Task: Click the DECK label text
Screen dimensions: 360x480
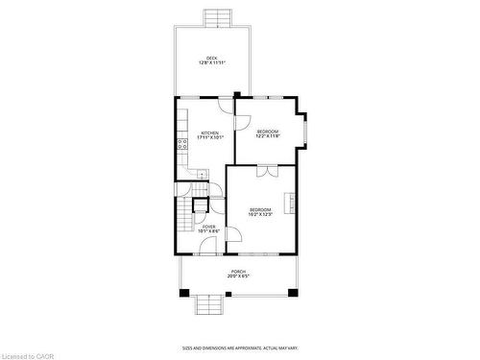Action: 211,58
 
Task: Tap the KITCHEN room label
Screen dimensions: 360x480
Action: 209,132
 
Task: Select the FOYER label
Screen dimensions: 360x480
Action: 209,227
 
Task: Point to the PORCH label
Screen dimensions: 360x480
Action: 237,272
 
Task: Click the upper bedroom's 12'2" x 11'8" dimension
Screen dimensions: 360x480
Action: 267,136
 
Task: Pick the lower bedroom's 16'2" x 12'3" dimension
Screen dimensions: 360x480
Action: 261,214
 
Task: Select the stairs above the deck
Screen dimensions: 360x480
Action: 218,17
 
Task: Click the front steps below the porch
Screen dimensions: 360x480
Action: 209,304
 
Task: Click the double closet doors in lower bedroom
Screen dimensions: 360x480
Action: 266,171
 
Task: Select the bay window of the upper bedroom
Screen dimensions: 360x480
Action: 301,132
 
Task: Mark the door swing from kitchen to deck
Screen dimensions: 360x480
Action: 226,104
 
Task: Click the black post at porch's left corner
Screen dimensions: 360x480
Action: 183,292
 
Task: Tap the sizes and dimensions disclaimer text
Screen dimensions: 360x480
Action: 239,348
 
